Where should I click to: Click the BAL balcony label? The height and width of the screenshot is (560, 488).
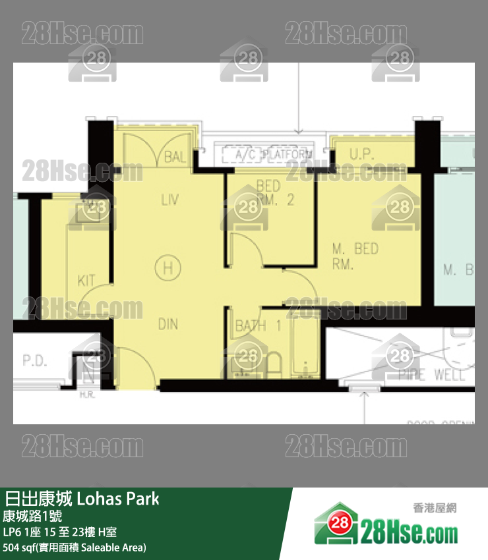click(x=175, y=157)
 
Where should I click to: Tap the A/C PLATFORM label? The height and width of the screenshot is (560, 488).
click(x=268, y=155)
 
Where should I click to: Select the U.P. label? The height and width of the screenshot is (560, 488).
click(x=362, y=155)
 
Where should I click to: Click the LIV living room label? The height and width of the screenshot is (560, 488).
click(x=169, y=199)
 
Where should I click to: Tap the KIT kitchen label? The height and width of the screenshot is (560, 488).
click(x=86, y=281)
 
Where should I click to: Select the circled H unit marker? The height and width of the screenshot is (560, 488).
click(x=168, y=267)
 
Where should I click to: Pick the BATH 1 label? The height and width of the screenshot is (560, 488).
click(x=259, y=325)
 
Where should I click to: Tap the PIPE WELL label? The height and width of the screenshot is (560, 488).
click(x=432, y=376)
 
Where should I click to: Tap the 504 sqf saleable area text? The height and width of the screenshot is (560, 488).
click(x=75, y=547)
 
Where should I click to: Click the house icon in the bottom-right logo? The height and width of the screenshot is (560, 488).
click(x=338, y=524)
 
